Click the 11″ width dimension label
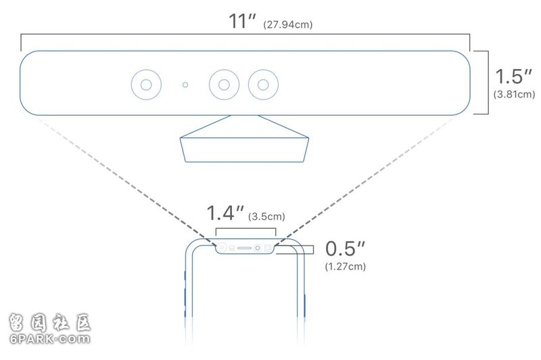click(242, 21)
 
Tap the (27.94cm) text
click(288, 25)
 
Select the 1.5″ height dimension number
click(513, 76)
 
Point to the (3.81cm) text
click(514, 94)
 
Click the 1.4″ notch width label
click(225, 213)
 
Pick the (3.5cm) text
click(266, 217)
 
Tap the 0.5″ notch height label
click(345, 248)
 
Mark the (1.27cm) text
click(346, 267)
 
